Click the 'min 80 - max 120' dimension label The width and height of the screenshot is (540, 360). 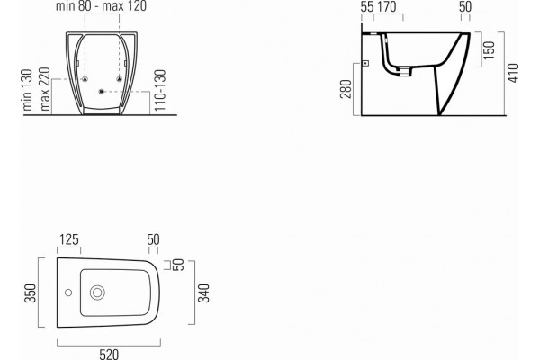(x=101, y=6)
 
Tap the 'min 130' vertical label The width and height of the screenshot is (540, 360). (x=27, y=90)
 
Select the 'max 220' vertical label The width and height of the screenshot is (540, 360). (x=45, y=89)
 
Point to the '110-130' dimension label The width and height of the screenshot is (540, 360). (x=160, y=90)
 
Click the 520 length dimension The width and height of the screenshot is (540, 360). (x=109, y=354)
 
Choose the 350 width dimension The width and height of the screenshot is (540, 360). (x=31, y=293)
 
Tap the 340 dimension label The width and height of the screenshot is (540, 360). (x=203, y=293)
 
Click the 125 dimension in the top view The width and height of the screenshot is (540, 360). (x=69, y=239)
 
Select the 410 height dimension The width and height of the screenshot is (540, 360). (x=513, y=73)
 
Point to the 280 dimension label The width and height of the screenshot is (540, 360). (x=346, y=89)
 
